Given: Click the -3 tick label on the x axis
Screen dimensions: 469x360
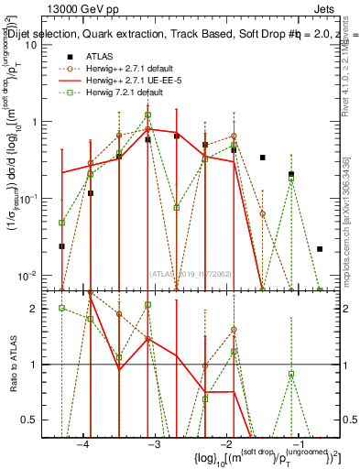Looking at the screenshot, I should (155, 444).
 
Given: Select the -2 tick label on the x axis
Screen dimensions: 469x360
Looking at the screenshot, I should (227, 444).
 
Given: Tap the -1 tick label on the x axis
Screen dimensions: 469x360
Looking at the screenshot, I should (299, 444).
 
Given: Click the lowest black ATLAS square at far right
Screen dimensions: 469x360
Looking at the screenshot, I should (320, 248).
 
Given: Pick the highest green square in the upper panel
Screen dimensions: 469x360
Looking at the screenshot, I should (147, 115).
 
